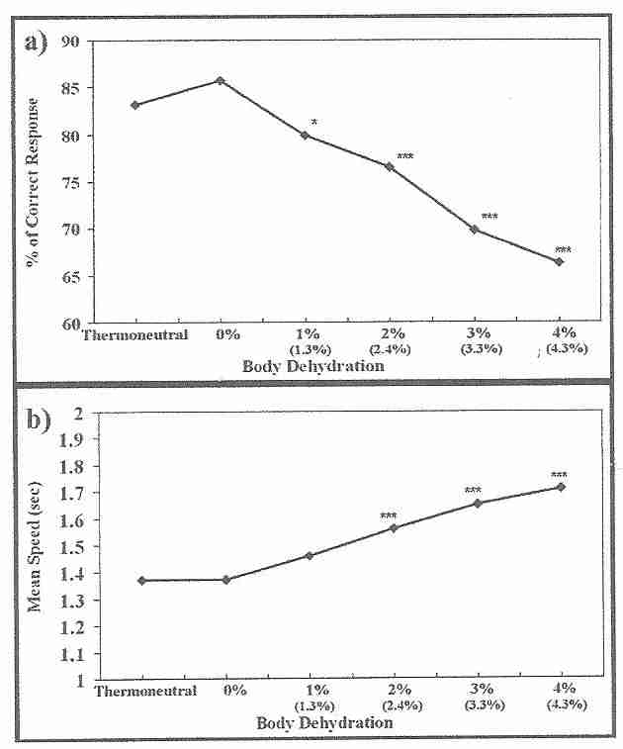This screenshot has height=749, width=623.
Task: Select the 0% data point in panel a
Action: coord(221,80)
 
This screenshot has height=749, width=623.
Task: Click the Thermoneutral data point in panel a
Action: coord(135,105)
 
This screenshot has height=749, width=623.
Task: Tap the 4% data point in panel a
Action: coord(559,261)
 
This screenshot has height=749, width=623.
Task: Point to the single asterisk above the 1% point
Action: coord(314,123)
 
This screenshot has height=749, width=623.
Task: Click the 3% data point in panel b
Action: coord(478,503)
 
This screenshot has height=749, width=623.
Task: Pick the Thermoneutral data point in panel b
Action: coord(142,580)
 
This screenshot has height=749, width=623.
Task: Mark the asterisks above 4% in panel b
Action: coord(560,475)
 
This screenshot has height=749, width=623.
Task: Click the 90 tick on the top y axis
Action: coord(70,42)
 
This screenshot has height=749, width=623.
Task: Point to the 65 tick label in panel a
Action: coord(70,276)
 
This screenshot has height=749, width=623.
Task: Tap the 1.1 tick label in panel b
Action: coord(72,654)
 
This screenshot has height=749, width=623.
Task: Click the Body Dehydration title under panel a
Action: coord(315,365)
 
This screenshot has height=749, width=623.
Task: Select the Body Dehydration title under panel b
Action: coord(324,723)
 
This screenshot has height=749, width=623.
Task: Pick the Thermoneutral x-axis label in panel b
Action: coord(145,691)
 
